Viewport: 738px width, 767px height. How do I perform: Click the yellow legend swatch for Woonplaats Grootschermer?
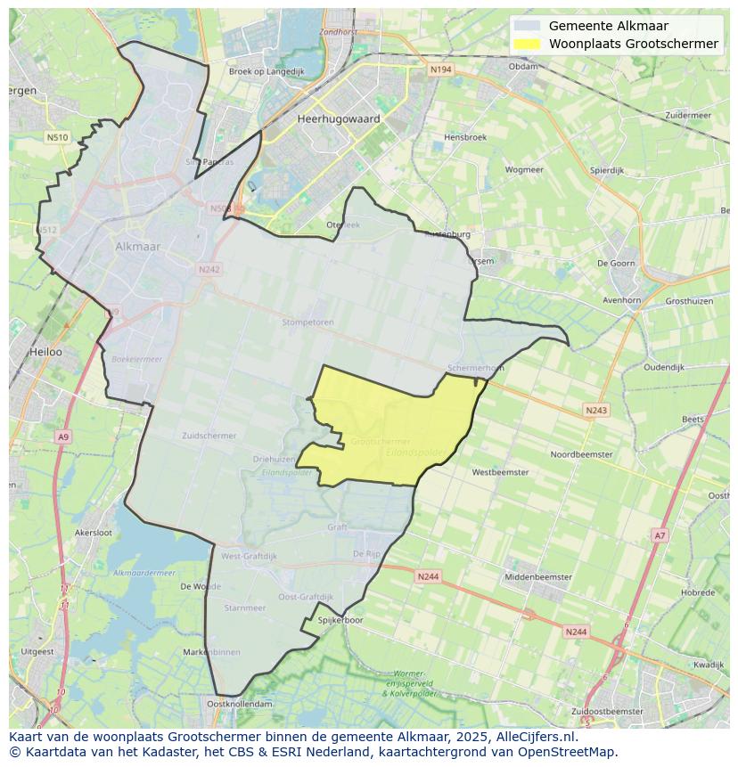pos(527,44)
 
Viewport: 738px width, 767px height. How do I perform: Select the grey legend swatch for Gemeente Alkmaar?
pos(527,26)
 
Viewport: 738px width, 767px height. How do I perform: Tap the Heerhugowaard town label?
pos(339,118)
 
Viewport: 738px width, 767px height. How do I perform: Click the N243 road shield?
pos(596,410)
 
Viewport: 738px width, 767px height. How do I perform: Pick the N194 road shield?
pos(439,69)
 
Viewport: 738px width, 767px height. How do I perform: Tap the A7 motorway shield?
pos(660,535)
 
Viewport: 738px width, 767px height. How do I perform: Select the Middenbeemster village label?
pos(538,577)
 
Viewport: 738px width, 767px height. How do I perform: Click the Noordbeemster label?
pos(581,454)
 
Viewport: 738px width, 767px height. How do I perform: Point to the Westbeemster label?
pos(500,472)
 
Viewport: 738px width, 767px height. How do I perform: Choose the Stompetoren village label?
pos(307,322)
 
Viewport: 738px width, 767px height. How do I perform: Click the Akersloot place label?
pos(94,532)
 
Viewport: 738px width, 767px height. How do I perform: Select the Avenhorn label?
pos(621,300)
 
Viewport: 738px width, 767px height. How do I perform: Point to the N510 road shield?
pos(56,137)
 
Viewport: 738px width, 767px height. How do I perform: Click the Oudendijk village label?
pos(663,367)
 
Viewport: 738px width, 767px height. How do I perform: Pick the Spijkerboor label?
pos(340,620)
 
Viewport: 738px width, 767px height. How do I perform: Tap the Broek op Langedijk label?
pos(266,71)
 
